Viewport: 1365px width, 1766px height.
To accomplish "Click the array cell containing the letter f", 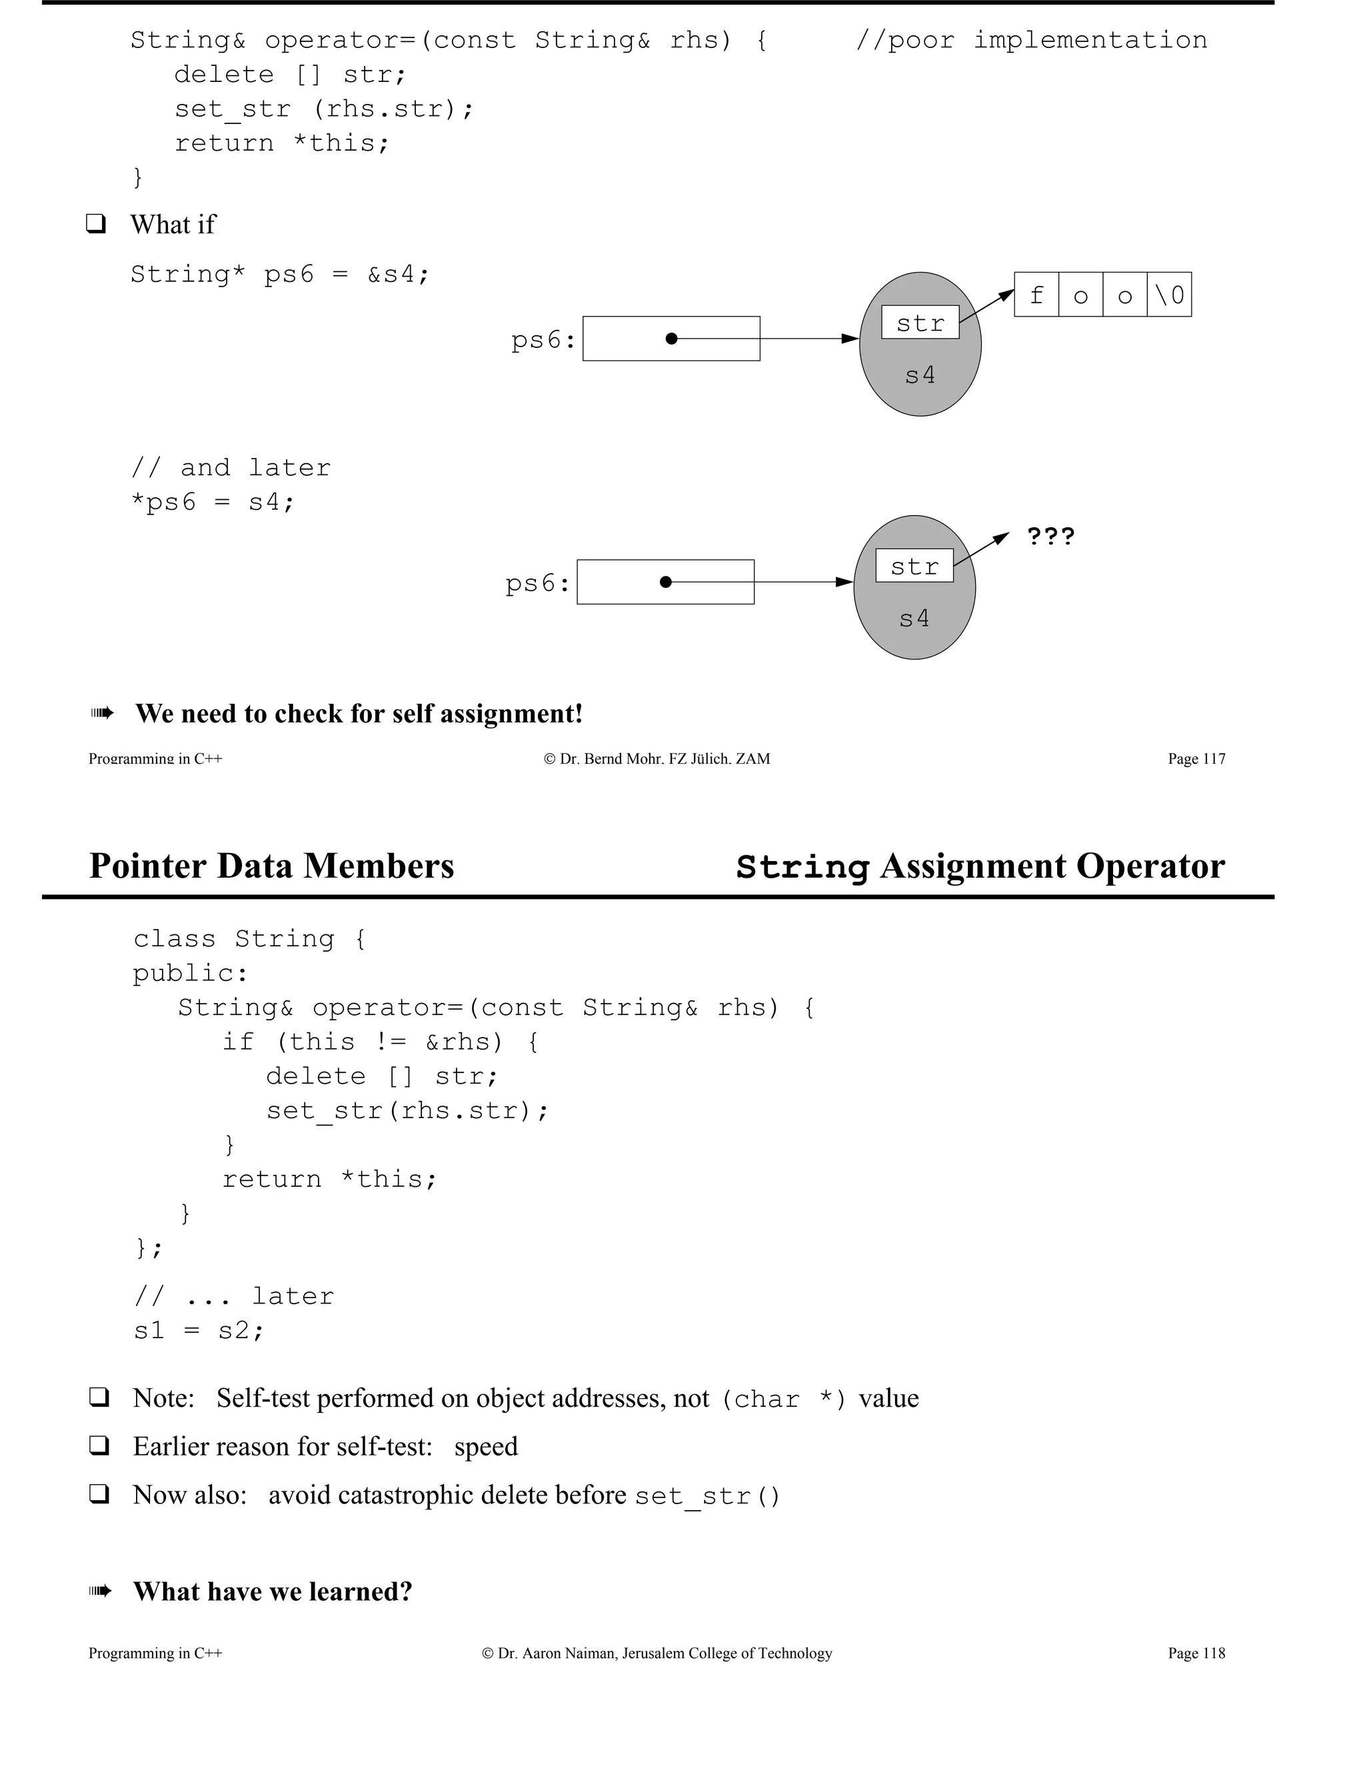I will click(x=1036, y=295).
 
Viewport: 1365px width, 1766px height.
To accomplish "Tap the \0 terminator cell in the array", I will click(x=1169, y=295).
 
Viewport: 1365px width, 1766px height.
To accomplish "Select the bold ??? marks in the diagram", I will click(x=1050, y=536).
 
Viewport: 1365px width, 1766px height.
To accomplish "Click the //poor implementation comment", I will click(x=1031, y=41).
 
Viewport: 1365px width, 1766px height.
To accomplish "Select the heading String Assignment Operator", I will click(x=980, y=866).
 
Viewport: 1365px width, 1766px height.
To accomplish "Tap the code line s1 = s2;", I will click(x=199, y=1330).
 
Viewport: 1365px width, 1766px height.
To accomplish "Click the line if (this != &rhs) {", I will click(x=381, y=1042).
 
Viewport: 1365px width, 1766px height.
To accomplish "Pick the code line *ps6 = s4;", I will click(x=213, y=502).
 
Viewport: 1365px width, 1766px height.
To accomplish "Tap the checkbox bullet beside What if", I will click(x=96, y=224).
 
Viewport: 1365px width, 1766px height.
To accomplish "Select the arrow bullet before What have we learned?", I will click(x=100, y=1591).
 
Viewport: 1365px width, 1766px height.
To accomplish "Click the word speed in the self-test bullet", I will click(x=486, y=1446).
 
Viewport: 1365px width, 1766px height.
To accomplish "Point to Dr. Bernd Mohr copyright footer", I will click(x=657, y=758).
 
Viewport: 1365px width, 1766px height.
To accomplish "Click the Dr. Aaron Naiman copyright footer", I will click(x=657, y=1653).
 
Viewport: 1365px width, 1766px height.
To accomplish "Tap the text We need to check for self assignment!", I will click(x=359, y=713).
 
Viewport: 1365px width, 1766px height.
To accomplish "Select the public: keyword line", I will click(x=191, y=973).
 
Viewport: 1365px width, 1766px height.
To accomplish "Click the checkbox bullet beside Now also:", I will click(x=99, y=1494).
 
